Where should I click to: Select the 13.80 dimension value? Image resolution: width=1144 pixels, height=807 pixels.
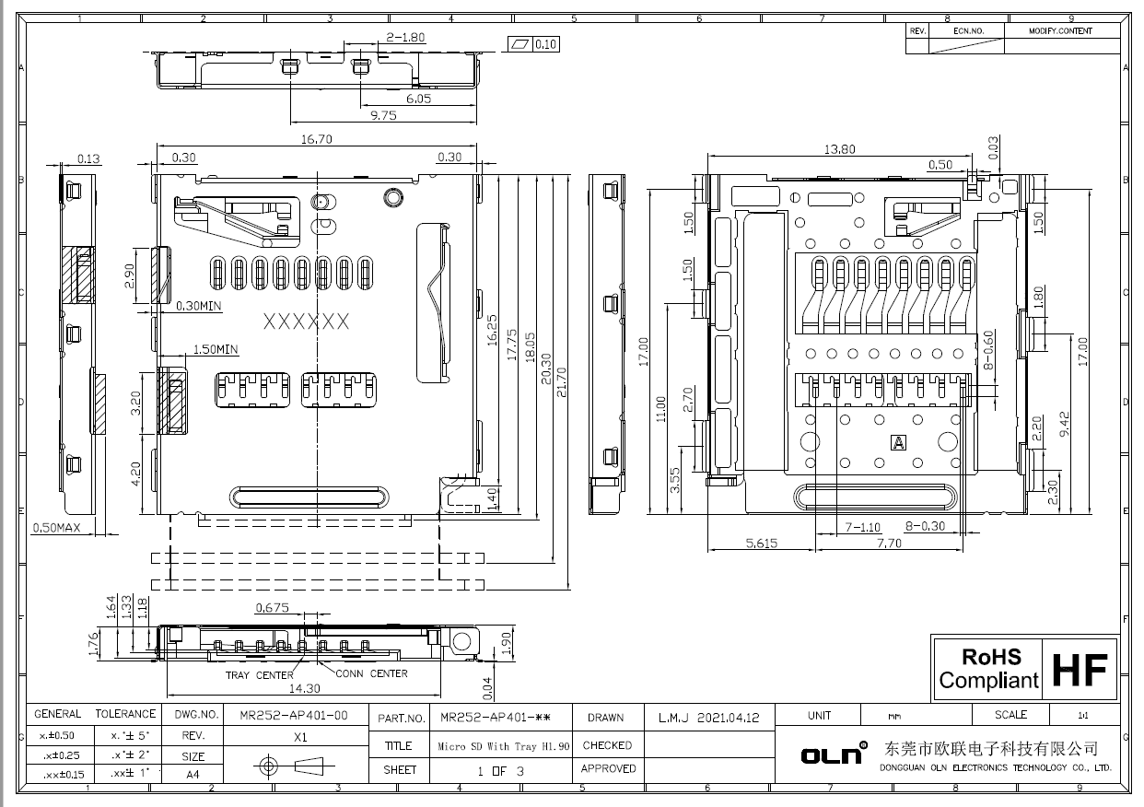(838, 149)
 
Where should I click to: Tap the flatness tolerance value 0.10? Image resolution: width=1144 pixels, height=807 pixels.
(545, 44)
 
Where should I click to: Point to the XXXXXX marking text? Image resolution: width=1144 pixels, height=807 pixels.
(306, 322)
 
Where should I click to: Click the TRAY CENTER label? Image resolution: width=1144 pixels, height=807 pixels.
(260, 675)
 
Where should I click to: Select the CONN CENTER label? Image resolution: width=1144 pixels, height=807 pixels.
(371, 673)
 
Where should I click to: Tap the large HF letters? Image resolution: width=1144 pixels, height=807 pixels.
(1080, 670)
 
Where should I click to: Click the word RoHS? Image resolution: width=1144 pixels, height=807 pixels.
(991, 658)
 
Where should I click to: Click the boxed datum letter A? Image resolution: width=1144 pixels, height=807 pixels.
(897, 443)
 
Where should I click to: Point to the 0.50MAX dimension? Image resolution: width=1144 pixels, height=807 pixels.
(57, 529)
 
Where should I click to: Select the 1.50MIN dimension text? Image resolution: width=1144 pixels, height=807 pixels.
(215, 350)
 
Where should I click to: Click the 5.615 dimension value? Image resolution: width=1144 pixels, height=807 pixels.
(761, 544)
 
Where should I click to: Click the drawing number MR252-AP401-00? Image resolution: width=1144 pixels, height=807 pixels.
(293, 715)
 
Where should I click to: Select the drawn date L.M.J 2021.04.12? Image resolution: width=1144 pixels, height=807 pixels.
(708, 718)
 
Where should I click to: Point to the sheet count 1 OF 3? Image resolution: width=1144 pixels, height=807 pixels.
(500, 770)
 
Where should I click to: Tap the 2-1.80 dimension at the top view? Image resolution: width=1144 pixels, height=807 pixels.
(405, 38)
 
